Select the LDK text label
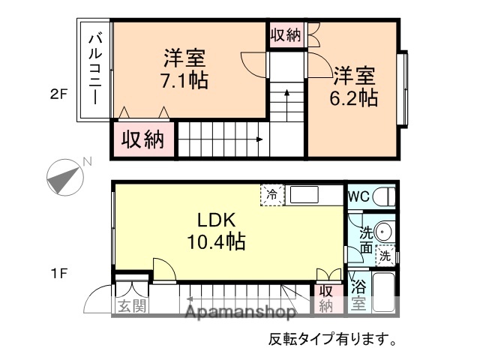[217, 220]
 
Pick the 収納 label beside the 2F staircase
[143, 139]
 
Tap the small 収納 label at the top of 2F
[286, 34]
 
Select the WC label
[359, 196]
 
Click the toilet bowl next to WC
[384, 196]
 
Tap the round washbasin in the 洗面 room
[385, 232]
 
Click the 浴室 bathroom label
[358, 295]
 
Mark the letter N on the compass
[87, 161]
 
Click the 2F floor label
[59, 94]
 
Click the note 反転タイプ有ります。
[333, 338]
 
